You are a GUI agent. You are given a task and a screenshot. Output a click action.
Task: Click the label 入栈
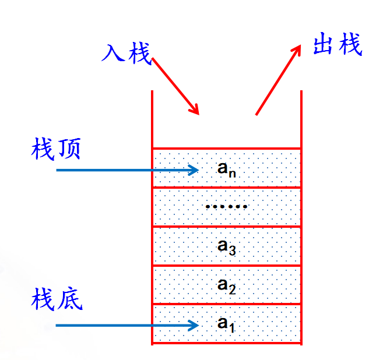pos(126,53)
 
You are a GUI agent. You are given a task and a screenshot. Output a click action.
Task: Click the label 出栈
pos(336,44)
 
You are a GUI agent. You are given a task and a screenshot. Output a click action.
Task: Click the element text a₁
pos(226,324)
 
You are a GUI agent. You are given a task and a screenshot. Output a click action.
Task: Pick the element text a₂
pos(226,285)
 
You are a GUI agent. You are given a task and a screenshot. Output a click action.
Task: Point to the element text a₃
pos(226,246)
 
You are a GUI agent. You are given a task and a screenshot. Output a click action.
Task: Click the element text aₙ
pos(226,169)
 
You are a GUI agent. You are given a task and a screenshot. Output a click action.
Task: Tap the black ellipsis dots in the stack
pos(227,207)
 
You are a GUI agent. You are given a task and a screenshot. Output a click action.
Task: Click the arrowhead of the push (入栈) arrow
pos(196,110)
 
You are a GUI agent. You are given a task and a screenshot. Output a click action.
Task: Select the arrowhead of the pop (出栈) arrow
pos(297,49)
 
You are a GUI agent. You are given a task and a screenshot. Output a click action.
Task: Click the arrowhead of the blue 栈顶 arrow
pos(195,170)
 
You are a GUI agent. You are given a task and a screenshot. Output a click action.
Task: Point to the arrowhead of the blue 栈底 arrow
pos(195,325)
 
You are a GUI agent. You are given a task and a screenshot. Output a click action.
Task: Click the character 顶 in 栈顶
pos(69,149)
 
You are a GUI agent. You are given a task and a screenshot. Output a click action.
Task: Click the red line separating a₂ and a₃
pos(226,265)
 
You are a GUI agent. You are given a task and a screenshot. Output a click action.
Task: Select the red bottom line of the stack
pos(226,344)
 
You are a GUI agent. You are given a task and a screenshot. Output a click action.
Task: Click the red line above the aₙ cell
pos(226,148)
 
